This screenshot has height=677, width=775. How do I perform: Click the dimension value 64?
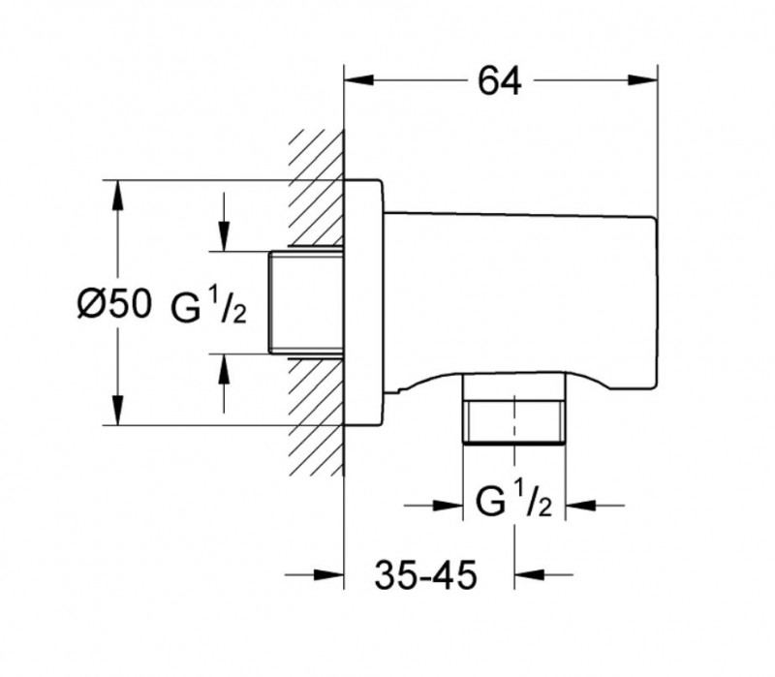point(500,82)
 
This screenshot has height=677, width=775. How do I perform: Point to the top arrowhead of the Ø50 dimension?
point(117,195)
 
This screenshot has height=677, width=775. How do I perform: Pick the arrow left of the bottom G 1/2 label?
point(446,504)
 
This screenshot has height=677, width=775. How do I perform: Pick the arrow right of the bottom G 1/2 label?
point(580,504)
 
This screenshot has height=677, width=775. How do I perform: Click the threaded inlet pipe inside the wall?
point(305,303)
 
